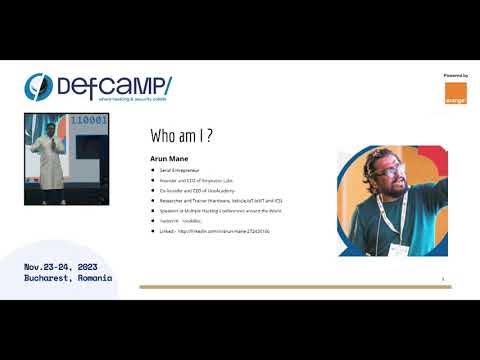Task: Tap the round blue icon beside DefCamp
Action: (x=38, y=87)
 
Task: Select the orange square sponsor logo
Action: (x=454, y=93)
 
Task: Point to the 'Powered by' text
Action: (x=455, y=75)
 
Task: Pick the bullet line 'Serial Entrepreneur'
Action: (x=175, y=171)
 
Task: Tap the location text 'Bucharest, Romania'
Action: (x=69, y=279)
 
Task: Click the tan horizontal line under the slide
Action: (x=295, y=287)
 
